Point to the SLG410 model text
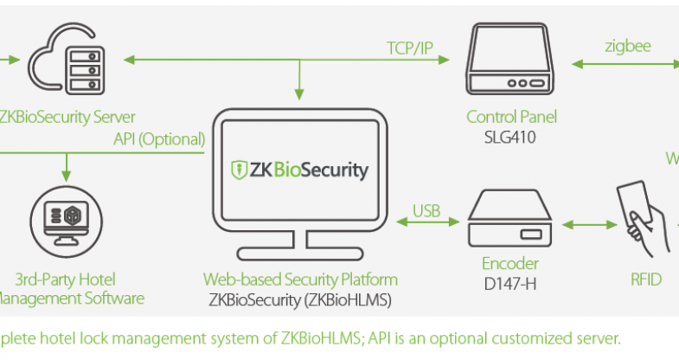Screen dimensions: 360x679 coord(511,136)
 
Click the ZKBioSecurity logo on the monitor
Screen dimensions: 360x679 coord(299,170)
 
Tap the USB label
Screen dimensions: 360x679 coord(427,209)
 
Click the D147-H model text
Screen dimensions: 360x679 coord(510,280)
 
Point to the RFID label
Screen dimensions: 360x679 coord(646,279)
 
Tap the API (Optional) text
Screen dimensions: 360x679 coord(159,138)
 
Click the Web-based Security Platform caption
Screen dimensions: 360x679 coord(300,280)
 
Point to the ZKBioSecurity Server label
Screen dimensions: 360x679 coord(67,116)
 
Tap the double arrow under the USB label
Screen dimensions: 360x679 coord(426,224)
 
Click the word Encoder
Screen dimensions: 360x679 coord(510,263)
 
